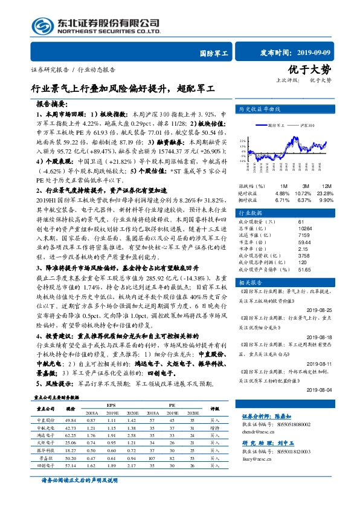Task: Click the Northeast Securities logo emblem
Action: (x=43, y=26)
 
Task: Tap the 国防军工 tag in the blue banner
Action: (x=213, y=54)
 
